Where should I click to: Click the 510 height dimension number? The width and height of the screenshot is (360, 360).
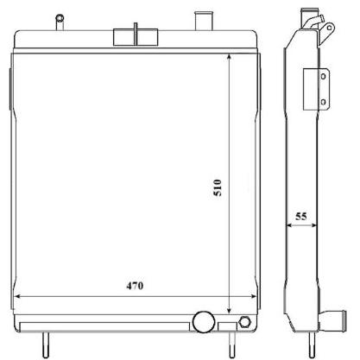tap(218, 187)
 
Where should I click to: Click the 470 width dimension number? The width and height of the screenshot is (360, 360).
tap(135, 286)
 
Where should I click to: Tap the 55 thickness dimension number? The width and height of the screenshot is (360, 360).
tap(301, 216)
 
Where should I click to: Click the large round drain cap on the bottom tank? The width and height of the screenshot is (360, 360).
tap(204, 322)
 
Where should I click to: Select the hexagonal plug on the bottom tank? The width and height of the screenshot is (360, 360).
tap(245, 322)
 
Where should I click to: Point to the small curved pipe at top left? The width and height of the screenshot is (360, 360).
tap(60, 22)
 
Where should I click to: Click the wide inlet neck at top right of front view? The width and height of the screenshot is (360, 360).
tap(204, 21)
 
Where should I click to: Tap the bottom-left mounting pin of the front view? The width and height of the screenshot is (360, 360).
tap(46, 345)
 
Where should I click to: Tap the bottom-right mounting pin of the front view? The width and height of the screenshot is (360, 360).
tap(232, 345)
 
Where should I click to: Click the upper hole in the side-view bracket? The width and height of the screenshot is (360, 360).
tap(324, 76)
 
